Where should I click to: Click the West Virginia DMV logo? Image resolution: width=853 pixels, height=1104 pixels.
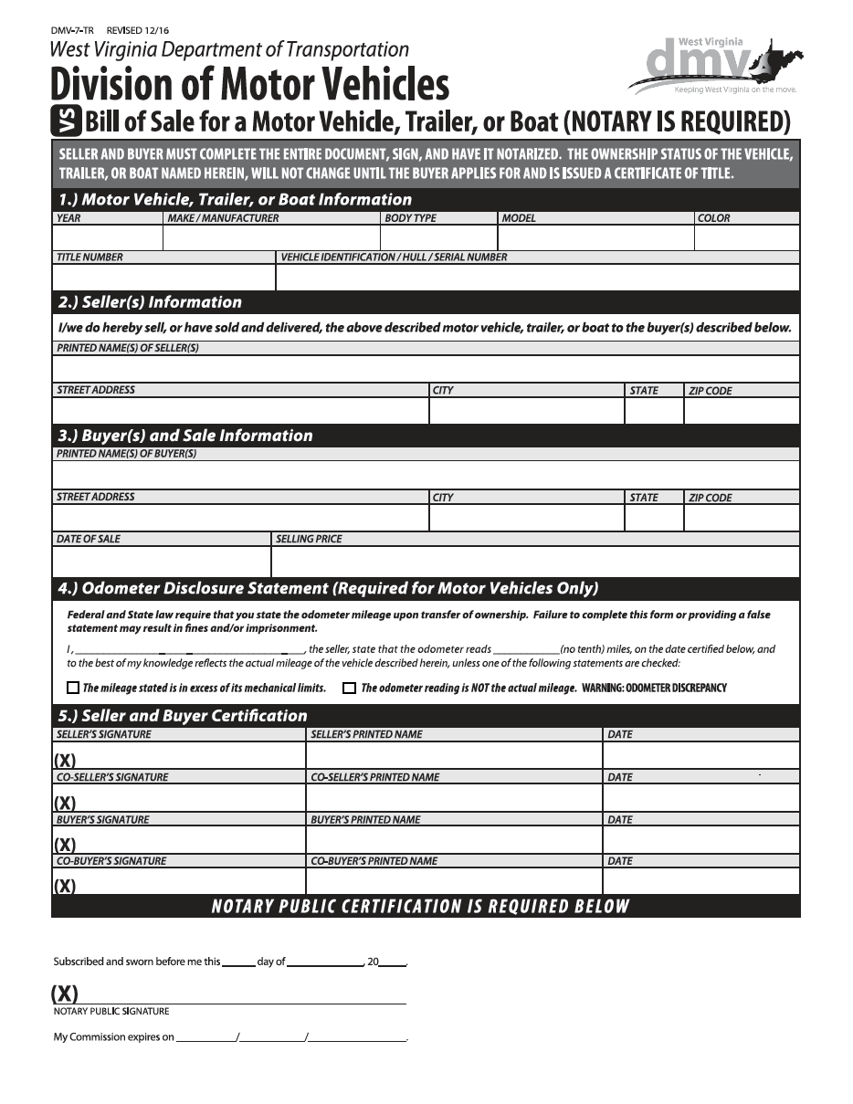715,65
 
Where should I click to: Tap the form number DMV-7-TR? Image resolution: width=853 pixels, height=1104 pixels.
72,30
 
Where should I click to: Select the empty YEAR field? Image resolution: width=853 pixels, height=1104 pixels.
107,237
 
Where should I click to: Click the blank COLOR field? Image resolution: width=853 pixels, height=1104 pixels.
746,237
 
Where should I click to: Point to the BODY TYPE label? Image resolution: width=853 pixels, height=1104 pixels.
411,218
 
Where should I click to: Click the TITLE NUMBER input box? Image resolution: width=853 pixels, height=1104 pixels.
163,277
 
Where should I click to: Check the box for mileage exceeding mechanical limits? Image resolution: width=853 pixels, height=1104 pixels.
73,688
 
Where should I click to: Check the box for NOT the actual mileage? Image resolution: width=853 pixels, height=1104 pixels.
349,688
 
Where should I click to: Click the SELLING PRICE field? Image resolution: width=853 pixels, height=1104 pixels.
535,562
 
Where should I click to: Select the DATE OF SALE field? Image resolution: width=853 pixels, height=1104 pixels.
161,562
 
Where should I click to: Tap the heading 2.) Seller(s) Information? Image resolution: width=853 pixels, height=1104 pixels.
150,302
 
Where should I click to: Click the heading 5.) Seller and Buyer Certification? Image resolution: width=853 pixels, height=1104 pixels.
183,715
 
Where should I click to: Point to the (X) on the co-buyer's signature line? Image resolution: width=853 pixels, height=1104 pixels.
65,886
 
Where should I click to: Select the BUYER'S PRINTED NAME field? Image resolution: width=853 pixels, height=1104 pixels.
453,839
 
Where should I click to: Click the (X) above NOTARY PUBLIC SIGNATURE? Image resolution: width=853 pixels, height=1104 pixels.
65,994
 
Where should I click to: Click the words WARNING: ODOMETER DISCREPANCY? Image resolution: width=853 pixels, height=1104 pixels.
654,688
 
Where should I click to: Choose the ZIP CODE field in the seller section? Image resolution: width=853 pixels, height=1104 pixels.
741,411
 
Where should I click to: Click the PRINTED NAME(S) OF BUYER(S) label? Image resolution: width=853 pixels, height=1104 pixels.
127,454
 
